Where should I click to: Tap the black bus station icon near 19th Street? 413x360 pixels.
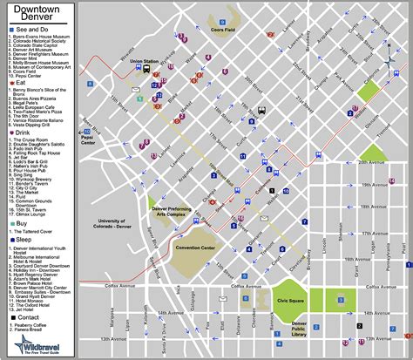[261, 111]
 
